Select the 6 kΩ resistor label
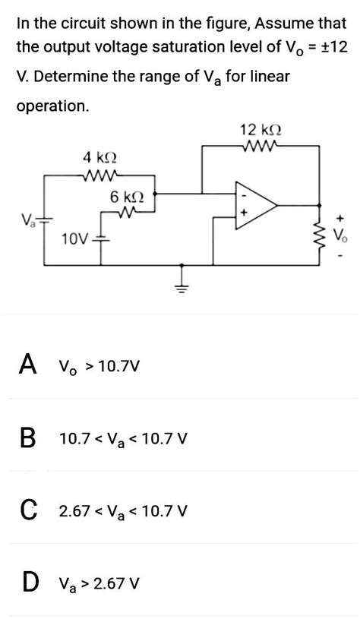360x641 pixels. tap(125, 197)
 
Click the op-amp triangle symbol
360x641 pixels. tap(255, 205)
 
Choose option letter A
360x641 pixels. tap(27, 366)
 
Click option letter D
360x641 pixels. tap(28, 582)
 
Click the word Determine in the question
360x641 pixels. tap(70, 77)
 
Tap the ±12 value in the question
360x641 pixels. tap(331, 48)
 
